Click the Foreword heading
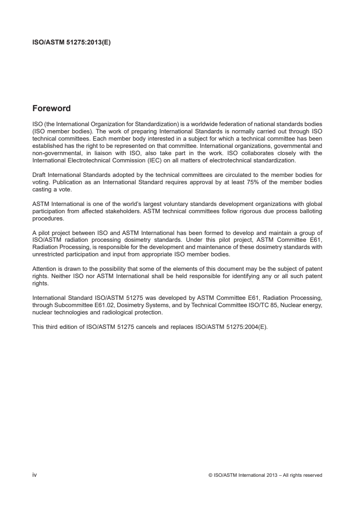point(51,109)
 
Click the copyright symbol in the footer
point(210,475)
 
